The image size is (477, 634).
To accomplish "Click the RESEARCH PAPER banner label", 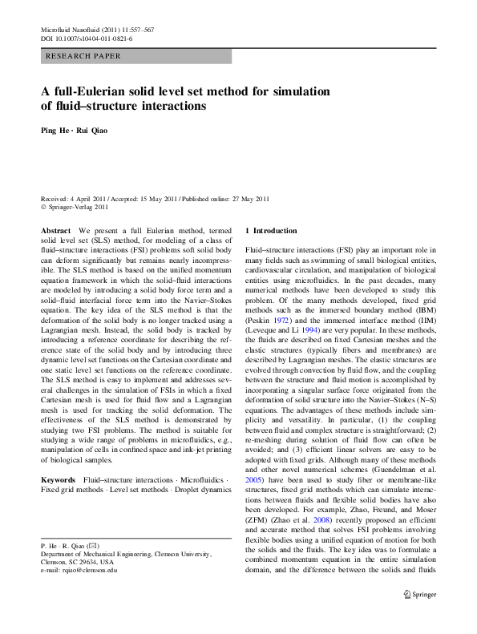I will pos(84,56).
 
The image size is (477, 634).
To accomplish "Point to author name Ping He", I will pos(57,130).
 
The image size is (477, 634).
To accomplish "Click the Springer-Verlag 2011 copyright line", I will pos(78,207).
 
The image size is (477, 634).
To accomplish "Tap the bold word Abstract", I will pos(55,230).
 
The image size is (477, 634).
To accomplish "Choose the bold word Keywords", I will pos(59,479).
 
